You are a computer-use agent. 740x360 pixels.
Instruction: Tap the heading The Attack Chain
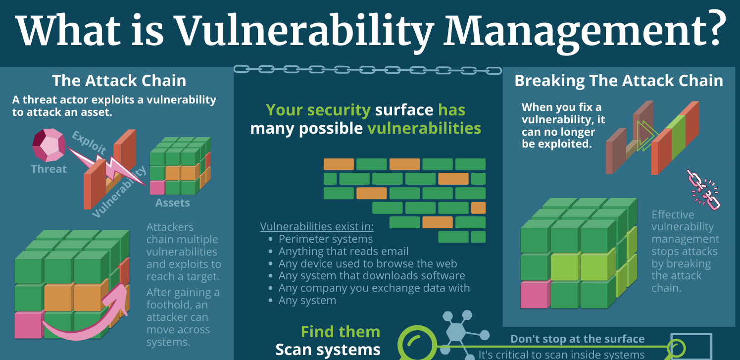119,81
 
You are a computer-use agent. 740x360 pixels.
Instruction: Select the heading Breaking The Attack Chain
619,81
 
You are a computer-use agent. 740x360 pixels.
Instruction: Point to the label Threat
49,169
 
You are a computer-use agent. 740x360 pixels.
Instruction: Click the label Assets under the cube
172,203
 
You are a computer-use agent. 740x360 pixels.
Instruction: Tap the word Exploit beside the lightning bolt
89,142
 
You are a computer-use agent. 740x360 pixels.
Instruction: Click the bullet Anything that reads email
344,251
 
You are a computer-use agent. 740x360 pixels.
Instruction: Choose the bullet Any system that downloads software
372,275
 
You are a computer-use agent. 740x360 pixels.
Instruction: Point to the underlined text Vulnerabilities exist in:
317,227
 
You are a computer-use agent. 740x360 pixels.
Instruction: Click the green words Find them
341,332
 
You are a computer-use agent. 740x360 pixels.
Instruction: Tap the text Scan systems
328,350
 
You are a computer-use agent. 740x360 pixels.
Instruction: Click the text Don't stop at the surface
577,339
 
